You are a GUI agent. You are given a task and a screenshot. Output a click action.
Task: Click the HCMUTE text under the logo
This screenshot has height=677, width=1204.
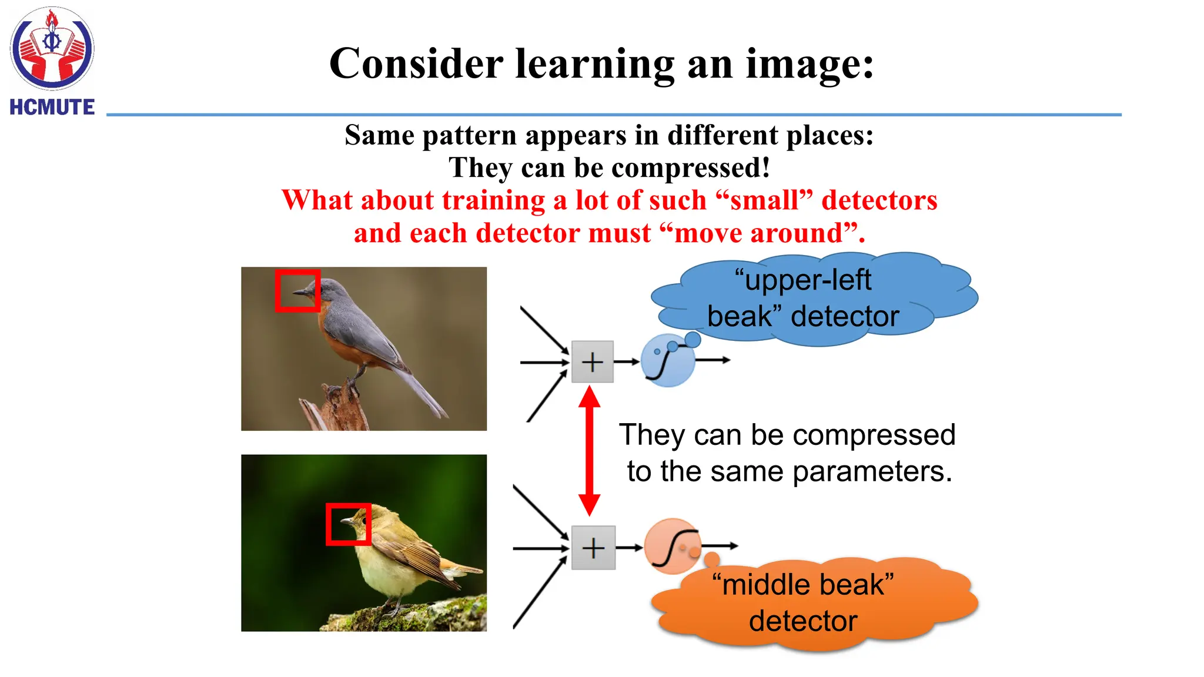(52, 108)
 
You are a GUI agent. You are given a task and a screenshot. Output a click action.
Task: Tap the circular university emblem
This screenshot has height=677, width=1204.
(52, 48)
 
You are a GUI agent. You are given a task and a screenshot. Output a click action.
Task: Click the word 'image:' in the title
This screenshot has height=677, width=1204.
(810, 64)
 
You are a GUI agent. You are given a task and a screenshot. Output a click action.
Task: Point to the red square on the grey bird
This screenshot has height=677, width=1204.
(297, 290)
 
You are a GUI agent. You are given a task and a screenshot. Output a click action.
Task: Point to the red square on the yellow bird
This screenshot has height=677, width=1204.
(348, 524)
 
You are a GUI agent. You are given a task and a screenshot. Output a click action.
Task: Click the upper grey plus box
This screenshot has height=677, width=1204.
(592, 361)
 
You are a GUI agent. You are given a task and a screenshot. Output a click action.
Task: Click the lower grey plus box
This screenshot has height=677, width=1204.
(593, 548)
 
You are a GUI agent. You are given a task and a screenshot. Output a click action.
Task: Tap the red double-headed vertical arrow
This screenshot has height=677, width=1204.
(589, 451)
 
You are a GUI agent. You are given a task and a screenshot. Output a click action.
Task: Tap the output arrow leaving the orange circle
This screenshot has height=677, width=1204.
(721, 546)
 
